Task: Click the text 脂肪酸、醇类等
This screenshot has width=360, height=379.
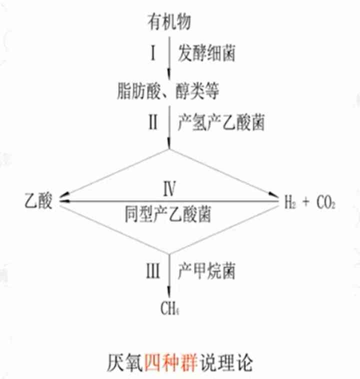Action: (169, 90)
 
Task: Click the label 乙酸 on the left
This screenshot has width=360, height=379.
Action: (37, 202)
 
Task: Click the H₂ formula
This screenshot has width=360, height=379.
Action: (290, 202)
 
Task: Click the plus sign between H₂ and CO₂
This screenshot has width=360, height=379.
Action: (306, 202)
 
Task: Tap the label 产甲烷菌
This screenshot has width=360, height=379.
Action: (206, 271)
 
